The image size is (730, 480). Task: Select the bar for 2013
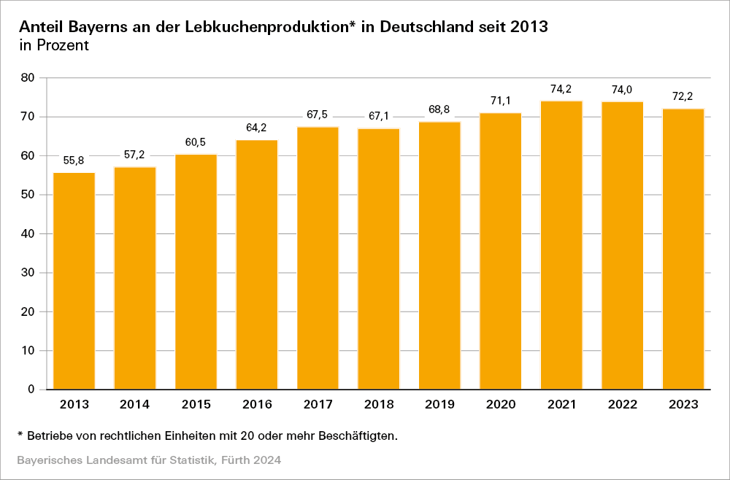pyautogui.click(x=74, y=281)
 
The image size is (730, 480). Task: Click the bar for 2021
pyautogui.click(x=561, y=245)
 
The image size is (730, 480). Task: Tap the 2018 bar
pyautogui.click(x=379, y=259)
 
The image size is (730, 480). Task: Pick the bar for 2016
pyautogui.click(x=257, y=264)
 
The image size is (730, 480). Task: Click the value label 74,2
pyautogui.click(x=561, y=89)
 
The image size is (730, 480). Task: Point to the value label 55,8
pyautogui.click(x=74, y=160)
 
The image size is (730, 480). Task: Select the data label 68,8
pyautogui.click(x=439, y=110)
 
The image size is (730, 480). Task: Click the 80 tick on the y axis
pyautogui.click(x=29, y=78)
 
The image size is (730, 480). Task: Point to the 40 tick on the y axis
pyautogui.click(x=29, y=234)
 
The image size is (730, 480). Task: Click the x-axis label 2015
pyautogui.click(x=196, y=404)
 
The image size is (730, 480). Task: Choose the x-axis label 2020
pyautogui.click(x=501, y=404)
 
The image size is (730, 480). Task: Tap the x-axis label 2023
pyautogui.click(x=683, y=404)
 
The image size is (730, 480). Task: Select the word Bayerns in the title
pyautogui.click(x=91, y=26)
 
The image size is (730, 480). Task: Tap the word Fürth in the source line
pyautogui.click(x=235, y=460)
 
